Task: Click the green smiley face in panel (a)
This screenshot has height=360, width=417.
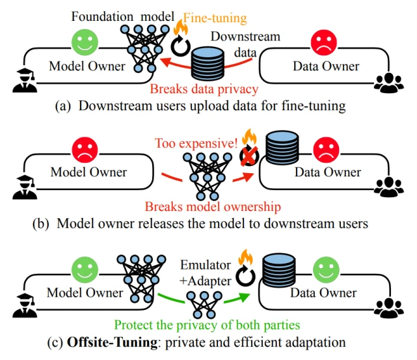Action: (x=85, y=42)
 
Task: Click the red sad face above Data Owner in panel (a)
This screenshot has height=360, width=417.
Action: (x=324, y=42)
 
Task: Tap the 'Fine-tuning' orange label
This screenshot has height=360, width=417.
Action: (x=215, y=18)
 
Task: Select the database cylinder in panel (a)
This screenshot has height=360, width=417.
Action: (x=208, y=64)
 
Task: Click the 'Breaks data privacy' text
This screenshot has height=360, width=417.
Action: (x=204, y=89)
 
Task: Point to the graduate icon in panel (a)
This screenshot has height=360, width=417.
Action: (x=25, y=80)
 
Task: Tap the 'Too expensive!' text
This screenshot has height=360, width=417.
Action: (x=196, y=143)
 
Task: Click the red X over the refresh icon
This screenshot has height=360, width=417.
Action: (x=249, y=156)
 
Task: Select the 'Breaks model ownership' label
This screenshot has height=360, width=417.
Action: (x=213, y=207)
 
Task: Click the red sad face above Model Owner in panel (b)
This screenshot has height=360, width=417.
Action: (x=85, y=150)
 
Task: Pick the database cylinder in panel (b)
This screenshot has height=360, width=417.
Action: (x=282, y=147)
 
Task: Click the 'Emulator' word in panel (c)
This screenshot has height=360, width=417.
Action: (x=206, y=265)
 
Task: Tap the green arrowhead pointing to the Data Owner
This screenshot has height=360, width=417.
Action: (x=244, y=298)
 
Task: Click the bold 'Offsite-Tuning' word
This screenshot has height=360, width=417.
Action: (x=112, y=342)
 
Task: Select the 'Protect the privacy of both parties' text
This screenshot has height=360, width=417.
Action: (x=207, y=325)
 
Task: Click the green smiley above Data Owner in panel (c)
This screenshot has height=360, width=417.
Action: (x=326, y=270)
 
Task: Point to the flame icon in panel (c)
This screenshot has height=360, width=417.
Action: (x=245, y=257)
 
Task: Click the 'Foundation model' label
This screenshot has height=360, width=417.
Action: (x=122, y=16)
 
